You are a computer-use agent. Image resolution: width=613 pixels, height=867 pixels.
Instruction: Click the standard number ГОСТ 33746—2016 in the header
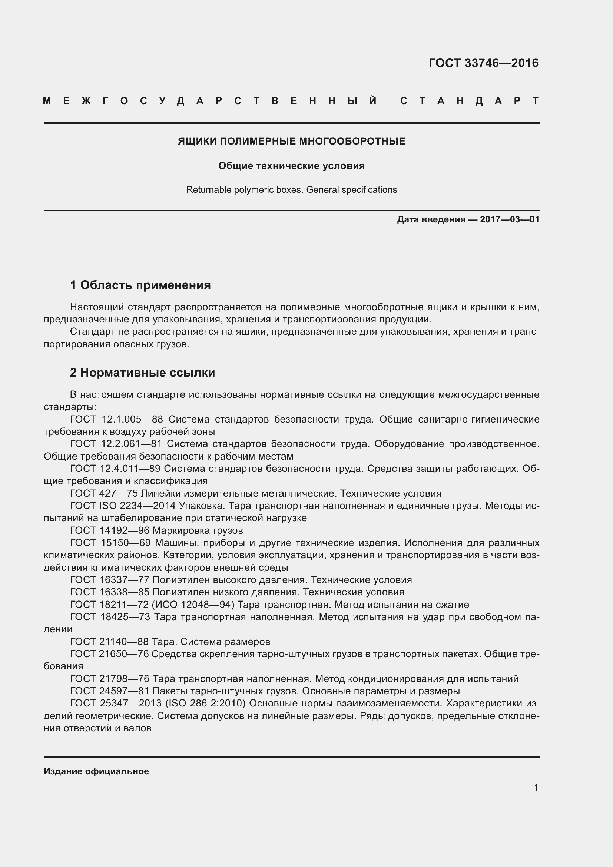tap(484, 63)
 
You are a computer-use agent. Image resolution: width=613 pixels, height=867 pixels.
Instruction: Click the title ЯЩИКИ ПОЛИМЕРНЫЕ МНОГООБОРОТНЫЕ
tap(291, 142)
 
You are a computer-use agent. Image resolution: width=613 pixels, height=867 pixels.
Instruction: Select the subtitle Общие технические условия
tap(291, 166)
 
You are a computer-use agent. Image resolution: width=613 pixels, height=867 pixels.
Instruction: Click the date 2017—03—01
tap(509, 220)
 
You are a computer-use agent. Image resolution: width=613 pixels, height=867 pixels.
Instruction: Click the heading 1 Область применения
tap(140, 285)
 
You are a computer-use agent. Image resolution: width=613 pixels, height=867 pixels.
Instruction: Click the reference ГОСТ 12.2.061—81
tap(116, 444)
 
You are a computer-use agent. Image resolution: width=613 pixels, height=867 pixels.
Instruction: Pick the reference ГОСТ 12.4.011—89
tap(115, 469)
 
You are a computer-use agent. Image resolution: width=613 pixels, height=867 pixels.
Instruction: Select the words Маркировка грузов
tap(198, 531)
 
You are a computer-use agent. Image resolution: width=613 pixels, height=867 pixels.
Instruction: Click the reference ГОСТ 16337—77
tap(109, 580)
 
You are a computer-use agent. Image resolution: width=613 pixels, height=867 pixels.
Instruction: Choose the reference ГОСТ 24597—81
tap(109, 691)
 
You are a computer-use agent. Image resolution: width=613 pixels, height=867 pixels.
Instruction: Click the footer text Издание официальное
tap(96, 771)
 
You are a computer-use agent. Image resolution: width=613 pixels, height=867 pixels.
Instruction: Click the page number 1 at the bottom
tap(536, 788)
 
